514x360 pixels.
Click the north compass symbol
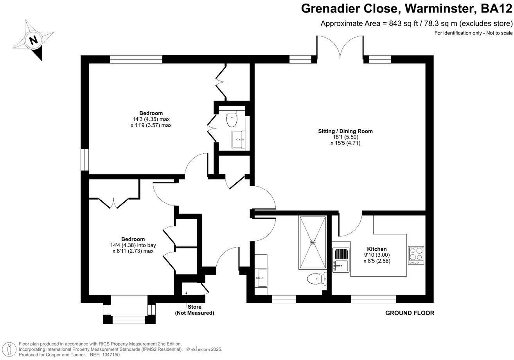point(34,40)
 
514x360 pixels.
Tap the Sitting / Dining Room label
point(345,131)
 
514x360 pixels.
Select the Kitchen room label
point(377,249)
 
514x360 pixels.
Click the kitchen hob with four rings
point(415,255)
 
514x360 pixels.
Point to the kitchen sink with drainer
point(340,259)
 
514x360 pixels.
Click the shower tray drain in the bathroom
point(313,242)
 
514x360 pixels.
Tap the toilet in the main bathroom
point(317,279)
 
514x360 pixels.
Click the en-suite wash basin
point(238,139)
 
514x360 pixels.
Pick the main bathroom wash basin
point(261,278)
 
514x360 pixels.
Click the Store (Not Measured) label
point(194,310)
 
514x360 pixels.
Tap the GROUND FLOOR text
point(410,313)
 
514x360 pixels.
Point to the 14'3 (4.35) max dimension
point(151,119)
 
